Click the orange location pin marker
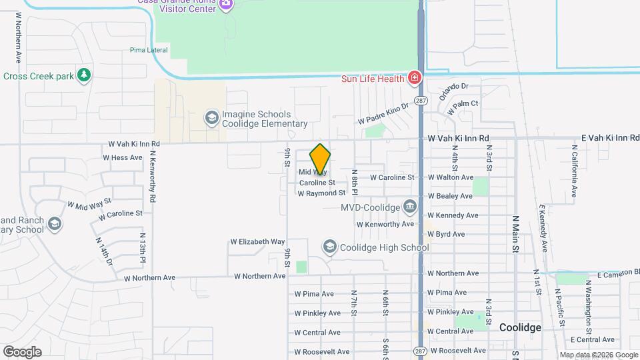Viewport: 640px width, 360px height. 320,159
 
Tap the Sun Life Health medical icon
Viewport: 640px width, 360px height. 415,79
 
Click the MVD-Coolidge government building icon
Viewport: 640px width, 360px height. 410,206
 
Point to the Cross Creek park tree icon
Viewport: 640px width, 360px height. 83,75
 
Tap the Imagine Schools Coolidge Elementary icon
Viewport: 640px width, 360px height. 211,118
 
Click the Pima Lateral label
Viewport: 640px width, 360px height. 149,50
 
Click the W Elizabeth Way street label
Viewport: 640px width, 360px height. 257,241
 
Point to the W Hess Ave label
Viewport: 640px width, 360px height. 122,158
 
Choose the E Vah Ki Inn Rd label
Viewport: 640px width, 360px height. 610,137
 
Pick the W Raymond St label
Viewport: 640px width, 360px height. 321,193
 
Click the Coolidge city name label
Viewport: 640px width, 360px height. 520,327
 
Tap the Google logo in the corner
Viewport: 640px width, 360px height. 22,352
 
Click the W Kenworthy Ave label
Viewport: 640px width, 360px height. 385,224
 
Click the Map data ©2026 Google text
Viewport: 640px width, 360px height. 598,355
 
